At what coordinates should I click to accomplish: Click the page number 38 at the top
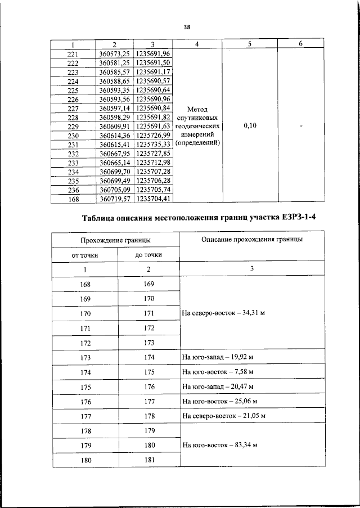click(187, 26)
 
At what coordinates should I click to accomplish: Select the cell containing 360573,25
click(115, 53)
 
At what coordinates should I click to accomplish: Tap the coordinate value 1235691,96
click(153, 53)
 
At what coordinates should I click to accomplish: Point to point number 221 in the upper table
click(73, 54)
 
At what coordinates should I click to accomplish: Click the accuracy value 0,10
click(250, 126)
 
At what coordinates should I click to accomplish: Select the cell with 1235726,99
click(153, 136)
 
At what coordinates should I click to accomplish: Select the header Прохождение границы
click(115, 240)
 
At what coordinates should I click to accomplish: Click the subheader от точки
click(84, 255)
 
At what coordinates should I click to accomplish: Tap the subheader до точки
click(148, 255)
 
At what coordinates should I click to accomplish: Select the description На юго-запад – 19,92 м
click(217, 357)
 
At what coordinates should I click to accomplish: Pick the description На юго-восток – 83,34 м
click(219, 445)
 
